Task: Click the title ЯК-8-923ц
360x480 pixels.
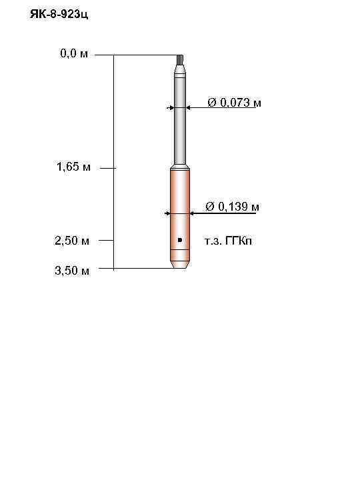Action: (x=59, y=14)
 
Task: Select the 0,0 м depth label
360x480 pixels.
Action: (x=74, y=54)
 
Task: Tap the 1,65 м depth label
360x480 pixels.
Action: (x=73, y=167)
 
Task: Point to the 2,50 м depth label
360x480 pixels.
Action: (x=71, y=240)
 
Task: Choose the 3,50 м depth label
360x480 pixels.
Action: (x=71, y=270)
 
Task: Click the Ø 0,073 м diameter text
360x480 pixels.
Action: (x=234, y=103)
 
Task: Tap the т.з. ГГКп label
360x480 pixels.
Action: (x=229, y=241)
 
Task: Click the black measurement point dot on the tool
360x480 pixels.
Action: (x=180, y=239)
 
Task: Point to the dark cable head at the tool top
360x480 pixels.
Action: (x=180, y=60)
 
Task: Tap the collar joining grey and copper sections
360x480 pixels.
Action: (x=180, y=167)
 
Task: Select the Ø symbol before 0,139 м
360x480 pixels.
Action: (x=210, y=207)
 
